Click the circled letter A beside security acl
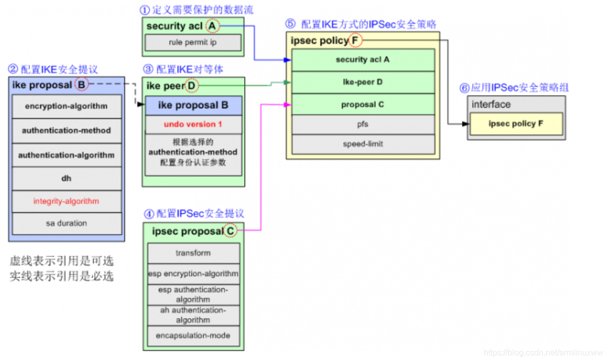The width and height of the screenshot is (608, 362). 212,25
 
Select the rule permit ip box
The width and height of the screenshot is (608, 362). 193,43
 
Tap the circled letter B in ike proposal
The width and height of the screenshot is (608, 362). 81,84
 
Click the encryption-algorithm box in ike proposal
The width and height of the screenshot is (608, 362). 67,106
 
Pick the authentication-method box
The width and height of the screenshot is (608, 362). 67,131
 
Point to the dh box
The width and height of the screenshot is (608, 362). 67,178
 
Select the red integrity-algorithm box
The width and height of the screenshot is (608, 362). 67,201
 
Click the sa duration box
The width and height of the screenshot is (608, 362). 67,223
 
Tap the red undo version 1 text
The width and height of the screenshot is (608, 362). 193,124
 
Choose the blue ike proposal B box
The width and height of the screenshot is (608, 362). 193,106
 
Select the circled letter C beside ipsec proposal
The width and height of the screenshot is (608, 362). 230,231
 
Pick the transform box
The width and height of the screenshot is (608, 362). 193,253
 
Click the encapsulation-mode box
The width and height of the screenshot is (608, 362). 193,335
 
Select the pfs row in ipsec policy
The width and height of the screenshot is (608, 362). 363,125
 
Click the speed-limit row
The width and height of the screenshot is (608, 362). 363,144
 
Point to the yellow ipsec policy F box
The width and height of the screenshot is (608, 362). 516,124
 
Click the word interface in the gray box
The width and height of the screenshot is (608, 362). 491,105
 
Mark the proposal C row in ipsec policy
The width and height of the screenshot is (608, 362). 363,105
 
